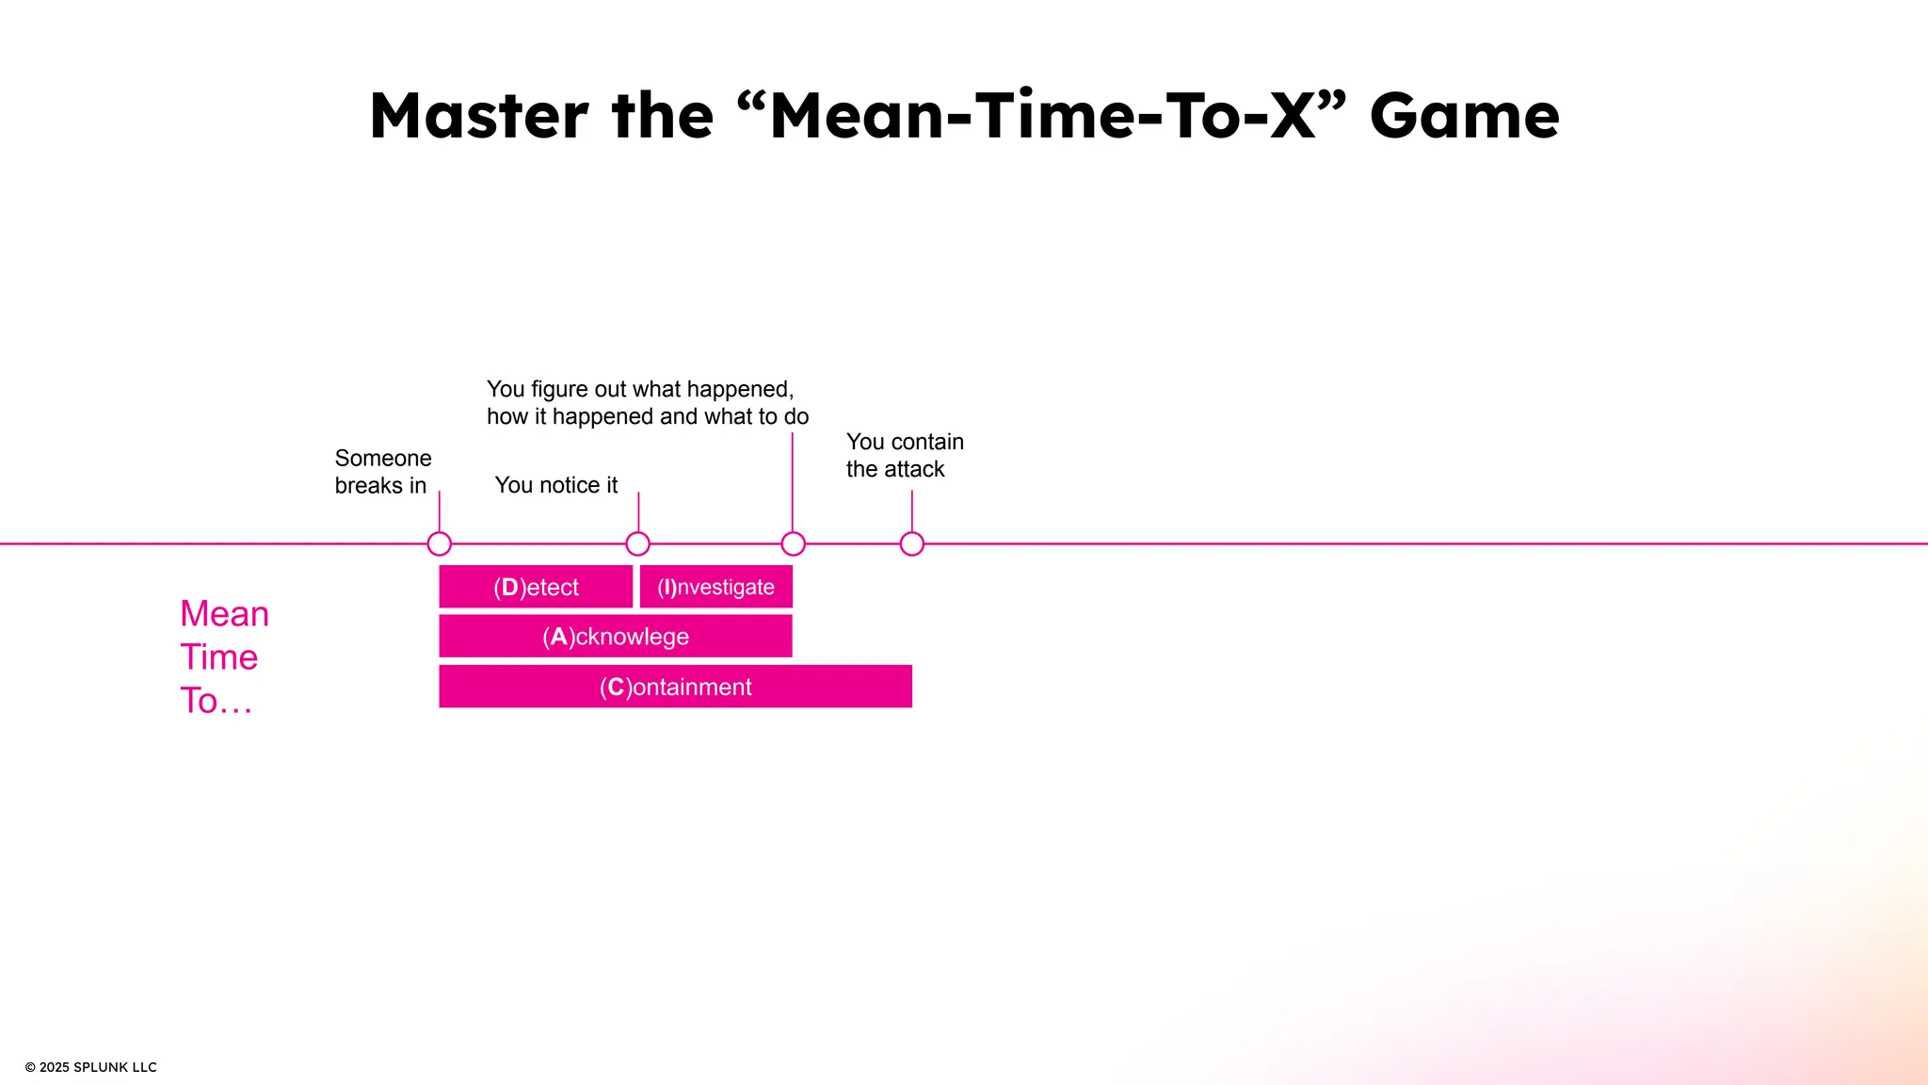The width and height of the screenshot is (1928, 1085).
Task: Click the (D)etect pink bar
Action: click(536, 587)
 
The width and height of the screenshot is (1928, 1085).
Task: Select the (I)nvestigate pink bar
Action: click(715, 587)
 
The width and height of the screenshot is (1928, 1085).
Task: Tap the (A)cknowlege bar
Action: click(615, 637)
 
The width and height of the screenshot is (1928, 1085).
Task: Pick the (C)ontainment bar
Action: click(675, 687)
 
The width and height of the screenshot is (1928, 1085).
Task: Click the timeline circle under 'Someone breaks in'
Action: click(439, 543)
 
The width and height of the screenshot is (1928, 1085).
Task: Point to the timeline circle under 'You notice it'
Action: click(637, 543)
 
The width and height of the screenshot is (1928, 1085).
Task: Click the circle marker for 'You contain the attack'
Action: click(911, 543)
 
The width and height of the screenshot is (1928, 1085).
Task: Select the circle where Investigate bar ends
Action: click(793, 543)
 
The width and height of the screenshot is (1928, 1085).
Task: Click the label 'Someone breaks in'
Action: click(382, 472)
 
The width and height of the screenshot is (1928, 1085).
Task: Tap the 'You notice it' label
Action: click(555, 485)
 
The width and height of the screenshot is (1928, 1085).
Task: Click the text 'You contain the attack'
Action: click(904, 456)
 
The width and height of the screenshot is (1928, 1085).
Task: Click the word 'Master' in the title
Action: click(478, 116)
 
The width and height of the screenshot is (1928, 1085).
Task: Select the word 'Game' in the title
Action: click(1464, 116)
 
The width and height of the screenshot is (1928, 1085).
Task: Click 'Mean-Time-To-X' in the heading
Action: click(1041, 116)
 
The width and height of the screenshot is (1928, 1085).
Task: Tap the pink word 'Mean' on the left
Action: click(224, 614)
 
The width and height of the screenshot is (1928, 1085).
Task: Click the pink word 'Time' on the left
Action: click(218, 657)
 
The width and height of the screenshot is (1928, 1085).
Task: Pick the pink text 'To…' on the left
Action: click(216, 701)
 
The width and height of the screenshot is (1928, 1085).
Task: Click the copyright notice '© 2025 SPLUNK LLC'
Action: click(90, 1067)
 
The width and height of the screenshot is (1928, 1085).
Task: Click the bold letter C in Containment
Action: click(616, 687)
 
